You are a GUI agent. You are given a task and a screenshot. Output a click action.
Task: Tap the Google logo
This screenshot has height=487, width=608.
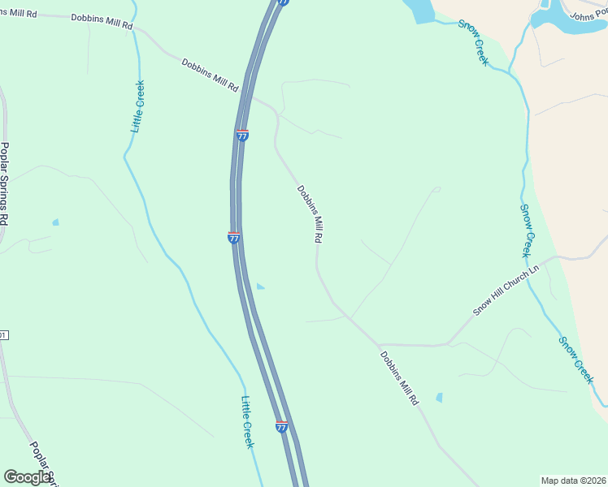click(27, 477)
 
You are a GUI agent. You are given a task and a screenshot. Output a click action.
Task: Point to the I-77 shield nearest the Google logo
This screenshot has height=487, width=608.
click(281, 427)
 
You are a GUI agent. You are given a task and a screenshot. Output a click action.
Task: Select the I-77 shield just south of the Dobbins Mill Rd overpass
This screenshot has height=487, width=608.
click(242, 136)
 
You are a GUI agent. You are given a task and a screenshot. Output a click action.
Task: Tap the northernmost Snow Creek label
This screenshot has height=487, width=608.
click(473, 42)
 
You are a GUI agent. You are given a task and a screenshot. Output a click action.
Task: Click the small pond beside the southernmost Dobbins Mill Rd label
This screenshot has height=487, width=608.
click(439, 398)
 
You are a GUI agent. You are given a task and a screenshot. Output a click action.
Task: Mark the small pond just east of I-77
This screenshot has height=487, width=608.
click(260, 286)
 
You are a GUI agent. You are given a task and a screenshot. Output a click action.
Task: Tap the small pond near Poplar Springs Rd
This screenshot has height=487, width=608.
click(55, 222)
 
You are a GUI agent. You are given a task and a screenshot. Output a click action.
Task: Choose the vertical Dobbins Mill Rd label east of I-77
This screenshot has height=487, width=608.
click(310, 214)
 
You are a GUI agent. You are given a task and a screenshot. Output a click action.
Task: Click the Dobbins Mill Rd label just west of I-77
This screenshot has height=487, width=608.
click(210, 75)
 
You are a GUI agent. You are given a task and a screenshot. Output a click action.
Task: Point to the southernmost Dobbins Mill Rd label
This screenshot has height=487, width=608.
click(399, 377)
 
